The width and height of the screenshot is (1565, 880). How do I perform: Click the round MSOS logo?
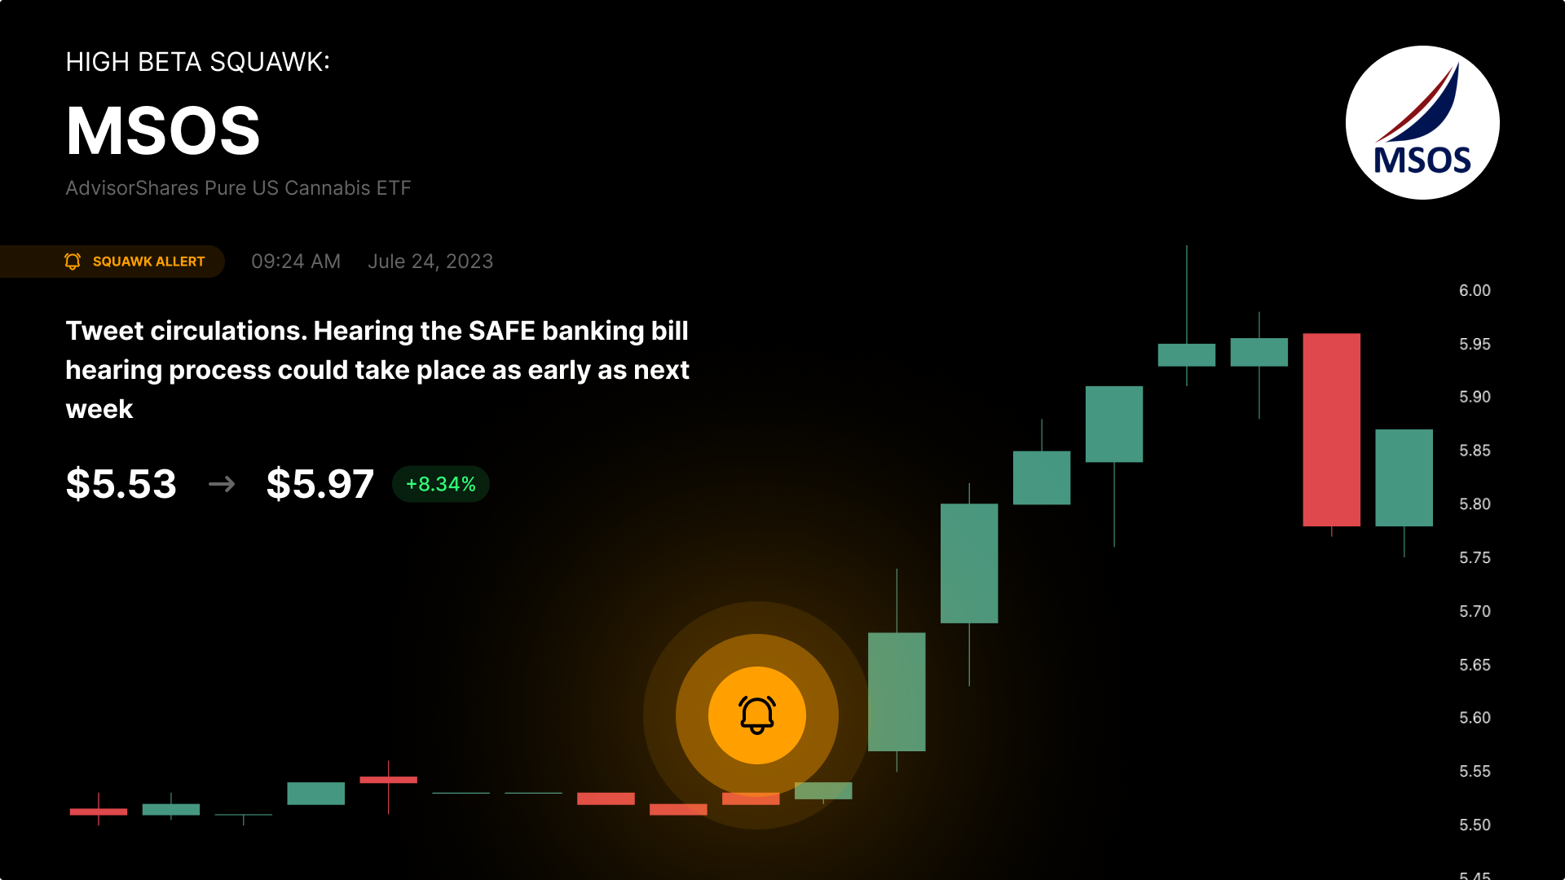[1422, 122]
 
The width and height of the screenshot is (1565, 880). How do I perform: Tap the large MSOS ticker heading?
[163, 131]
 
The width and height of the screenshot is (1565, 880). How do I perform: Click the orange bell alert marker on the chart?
[757, 715]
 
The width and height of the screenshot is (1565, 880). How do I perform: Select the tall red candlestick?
[1331, 429]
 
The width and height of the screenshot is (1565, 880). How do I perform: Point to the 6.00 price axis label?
[1475, 291]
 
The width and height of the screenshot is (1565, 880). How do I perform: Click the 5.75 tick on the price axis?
[1475, 558]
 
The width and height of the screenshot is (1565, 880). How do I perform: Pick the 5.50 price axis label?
[1475, 825]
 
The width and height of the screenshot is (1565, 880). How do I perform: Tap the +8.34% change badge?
[441, 484]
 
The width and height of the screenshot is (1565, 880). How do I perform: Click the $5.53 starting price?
[121, 484]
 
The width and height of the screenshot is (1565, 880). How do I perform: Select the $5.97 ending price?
[320, 484]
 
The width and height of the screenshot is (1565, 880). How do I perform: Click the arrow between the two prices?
[222, 484]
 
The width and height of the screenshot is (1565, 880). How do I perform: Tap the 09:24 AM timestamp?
[296, 262]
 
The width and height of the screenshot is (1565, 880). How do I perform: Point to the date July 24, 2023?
[430, 262]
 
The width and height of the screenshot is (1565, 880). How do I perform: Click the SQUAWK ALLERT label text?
[149, 262]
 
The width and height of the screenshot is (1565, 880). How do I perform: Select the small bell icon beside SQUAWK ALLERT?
[73, 262]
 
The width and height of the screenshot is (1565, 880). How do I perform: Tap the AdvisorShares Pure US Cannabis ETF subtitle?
[238, 188]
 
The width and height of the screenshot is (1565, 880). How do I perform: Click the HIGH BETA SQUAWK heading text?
[198, 62]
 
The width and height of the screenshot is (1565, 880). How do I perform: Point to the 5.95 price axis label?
[1475, 345]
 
